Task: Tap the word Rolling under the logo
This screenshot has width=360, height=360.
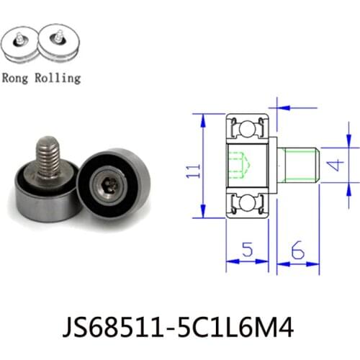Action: pos(58,78)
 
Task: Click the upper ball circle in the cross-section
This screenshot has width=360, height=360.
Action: pos(248,129)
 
